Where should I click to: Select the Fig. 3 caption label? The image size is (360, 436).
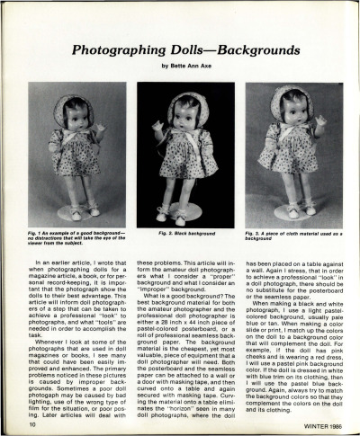tap(255, 232)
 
